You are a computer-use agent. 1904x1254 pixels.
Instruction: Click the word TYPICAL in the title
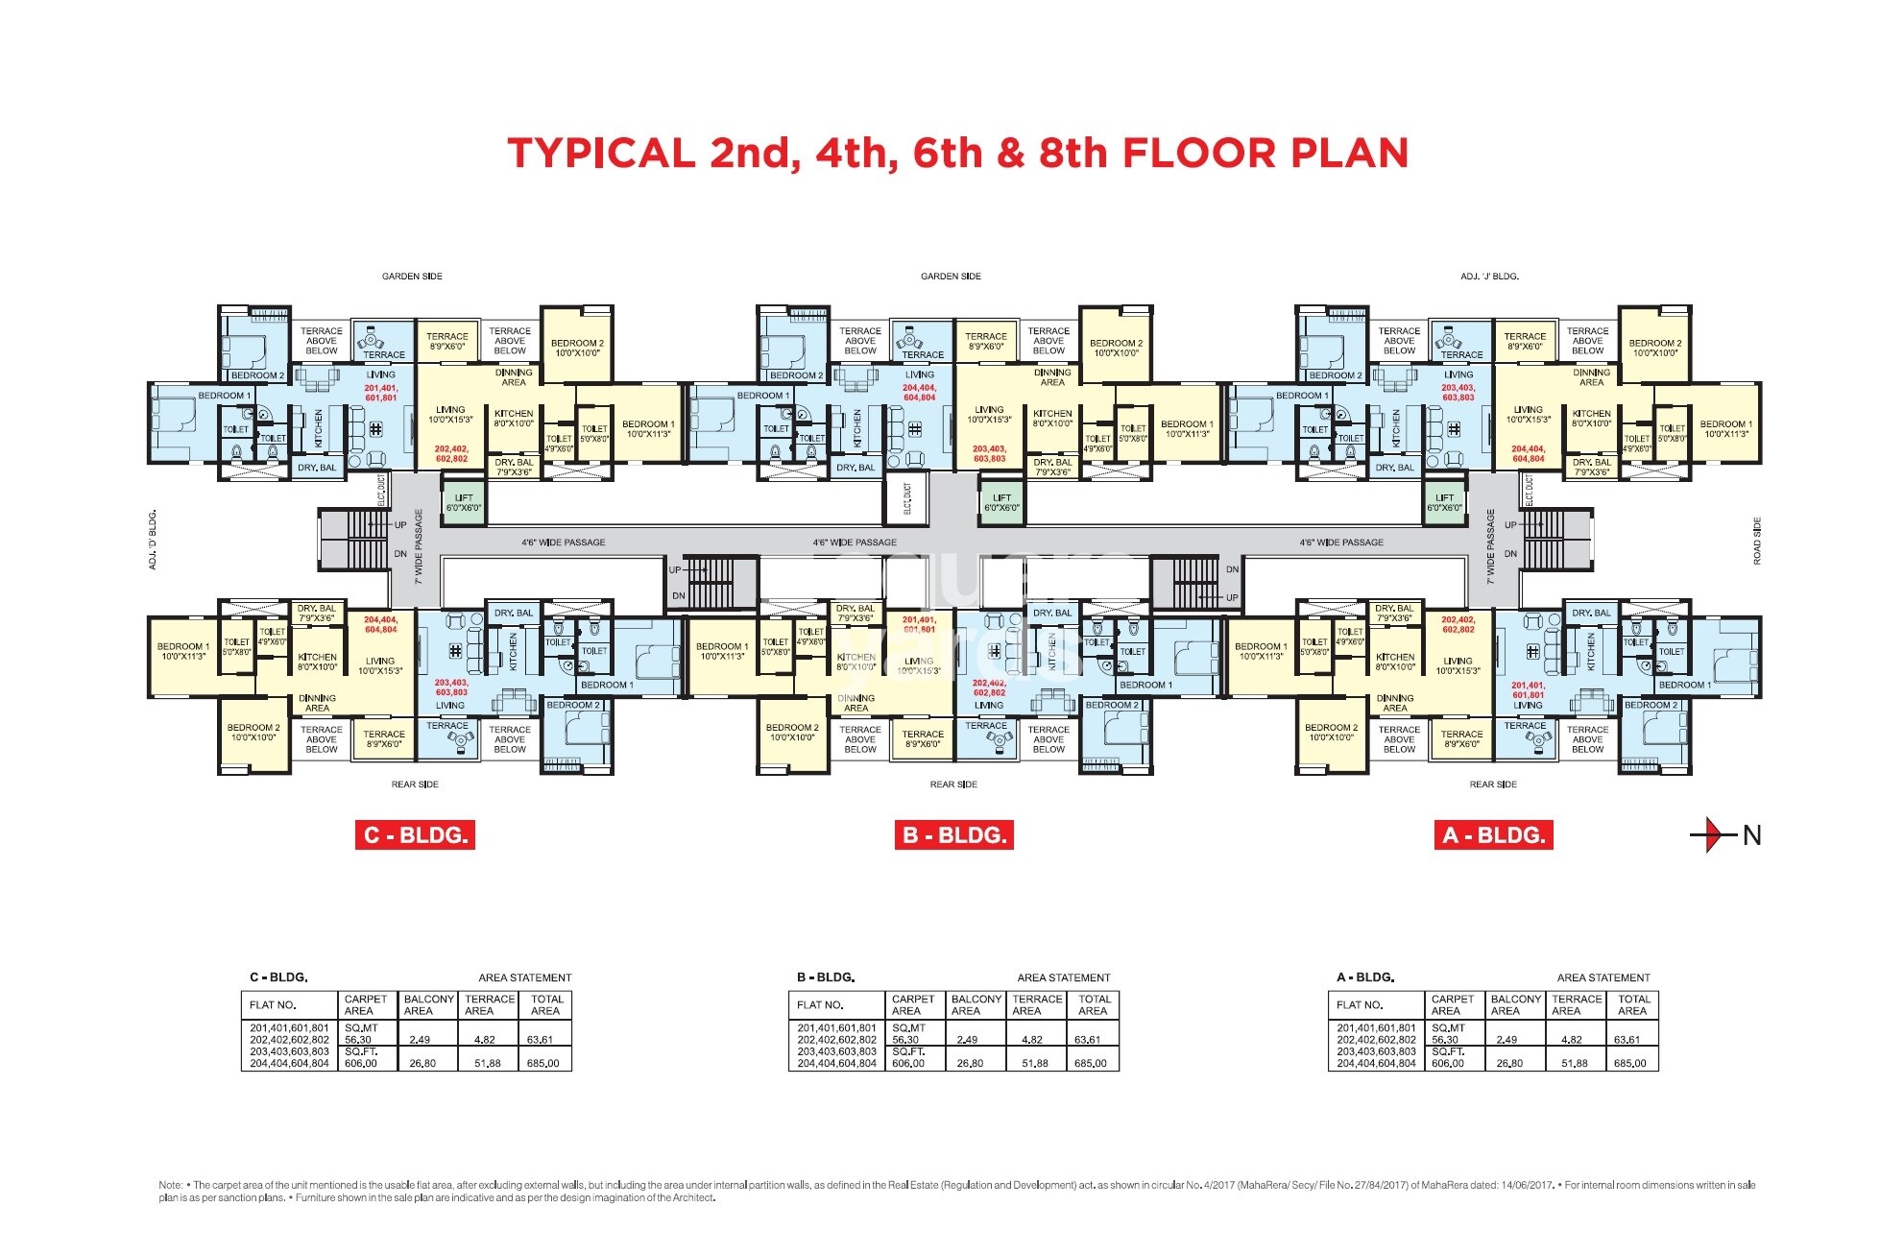click(x=601, y=154)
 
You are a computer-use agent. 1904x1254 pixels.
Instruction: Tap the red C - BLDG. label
click(x=415, y=834)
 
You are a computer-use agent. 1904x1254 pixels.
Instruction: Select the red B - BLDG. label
click(x=953, y=834)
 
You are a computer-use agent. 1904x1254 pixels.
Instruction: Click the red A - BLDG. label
click(x=1493, y=834)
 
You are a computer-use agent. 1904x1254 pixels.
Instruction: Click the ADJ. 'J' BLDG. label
click(x=1489, y=277)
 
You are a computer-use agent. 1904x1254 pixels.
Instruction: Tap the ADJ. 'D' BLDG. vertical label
click(x=153, y=540)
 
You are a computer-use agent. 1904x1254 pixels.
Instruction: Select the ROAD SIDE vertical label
click(x=1757, y=541)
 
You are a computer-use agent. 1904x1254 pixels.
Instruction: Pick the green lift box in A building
click(x=1444, y=503)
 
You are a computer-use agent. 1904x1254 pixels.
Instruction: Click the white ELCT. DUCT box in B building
click(x=907, y=499)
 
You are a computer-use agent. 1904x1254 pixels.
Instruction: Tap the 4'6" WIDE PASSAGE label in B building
click(x=855, y=543)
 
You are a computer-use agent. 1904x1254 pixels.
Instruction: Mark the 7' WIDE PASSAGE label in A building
click(x=1490, y=546)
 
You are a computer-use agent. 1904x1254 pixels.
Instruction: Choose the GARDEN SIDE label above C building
click(x=412, y=277)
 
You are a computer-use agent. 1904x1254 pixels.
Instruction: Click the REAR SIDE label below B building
click(x=953, y=784)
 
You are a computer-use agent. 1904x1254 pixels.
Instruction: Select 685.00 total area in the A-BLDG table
click(x=1629, y=1063)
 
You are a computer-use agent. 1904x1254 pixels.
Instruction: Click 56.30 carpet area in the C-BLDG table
click(x=358, y=1040)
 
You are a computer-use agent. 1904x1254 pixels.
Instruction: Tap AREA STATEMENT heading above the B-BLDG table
click(x=1063, y=977)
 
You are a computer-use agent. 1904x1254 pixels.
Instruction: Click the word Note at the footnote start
click(x=170, y=1186)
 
